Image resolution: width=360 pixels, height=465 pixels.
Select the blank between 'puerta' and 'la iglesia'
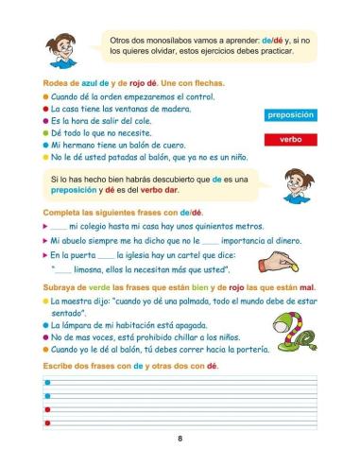click(x=110, y=254)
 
